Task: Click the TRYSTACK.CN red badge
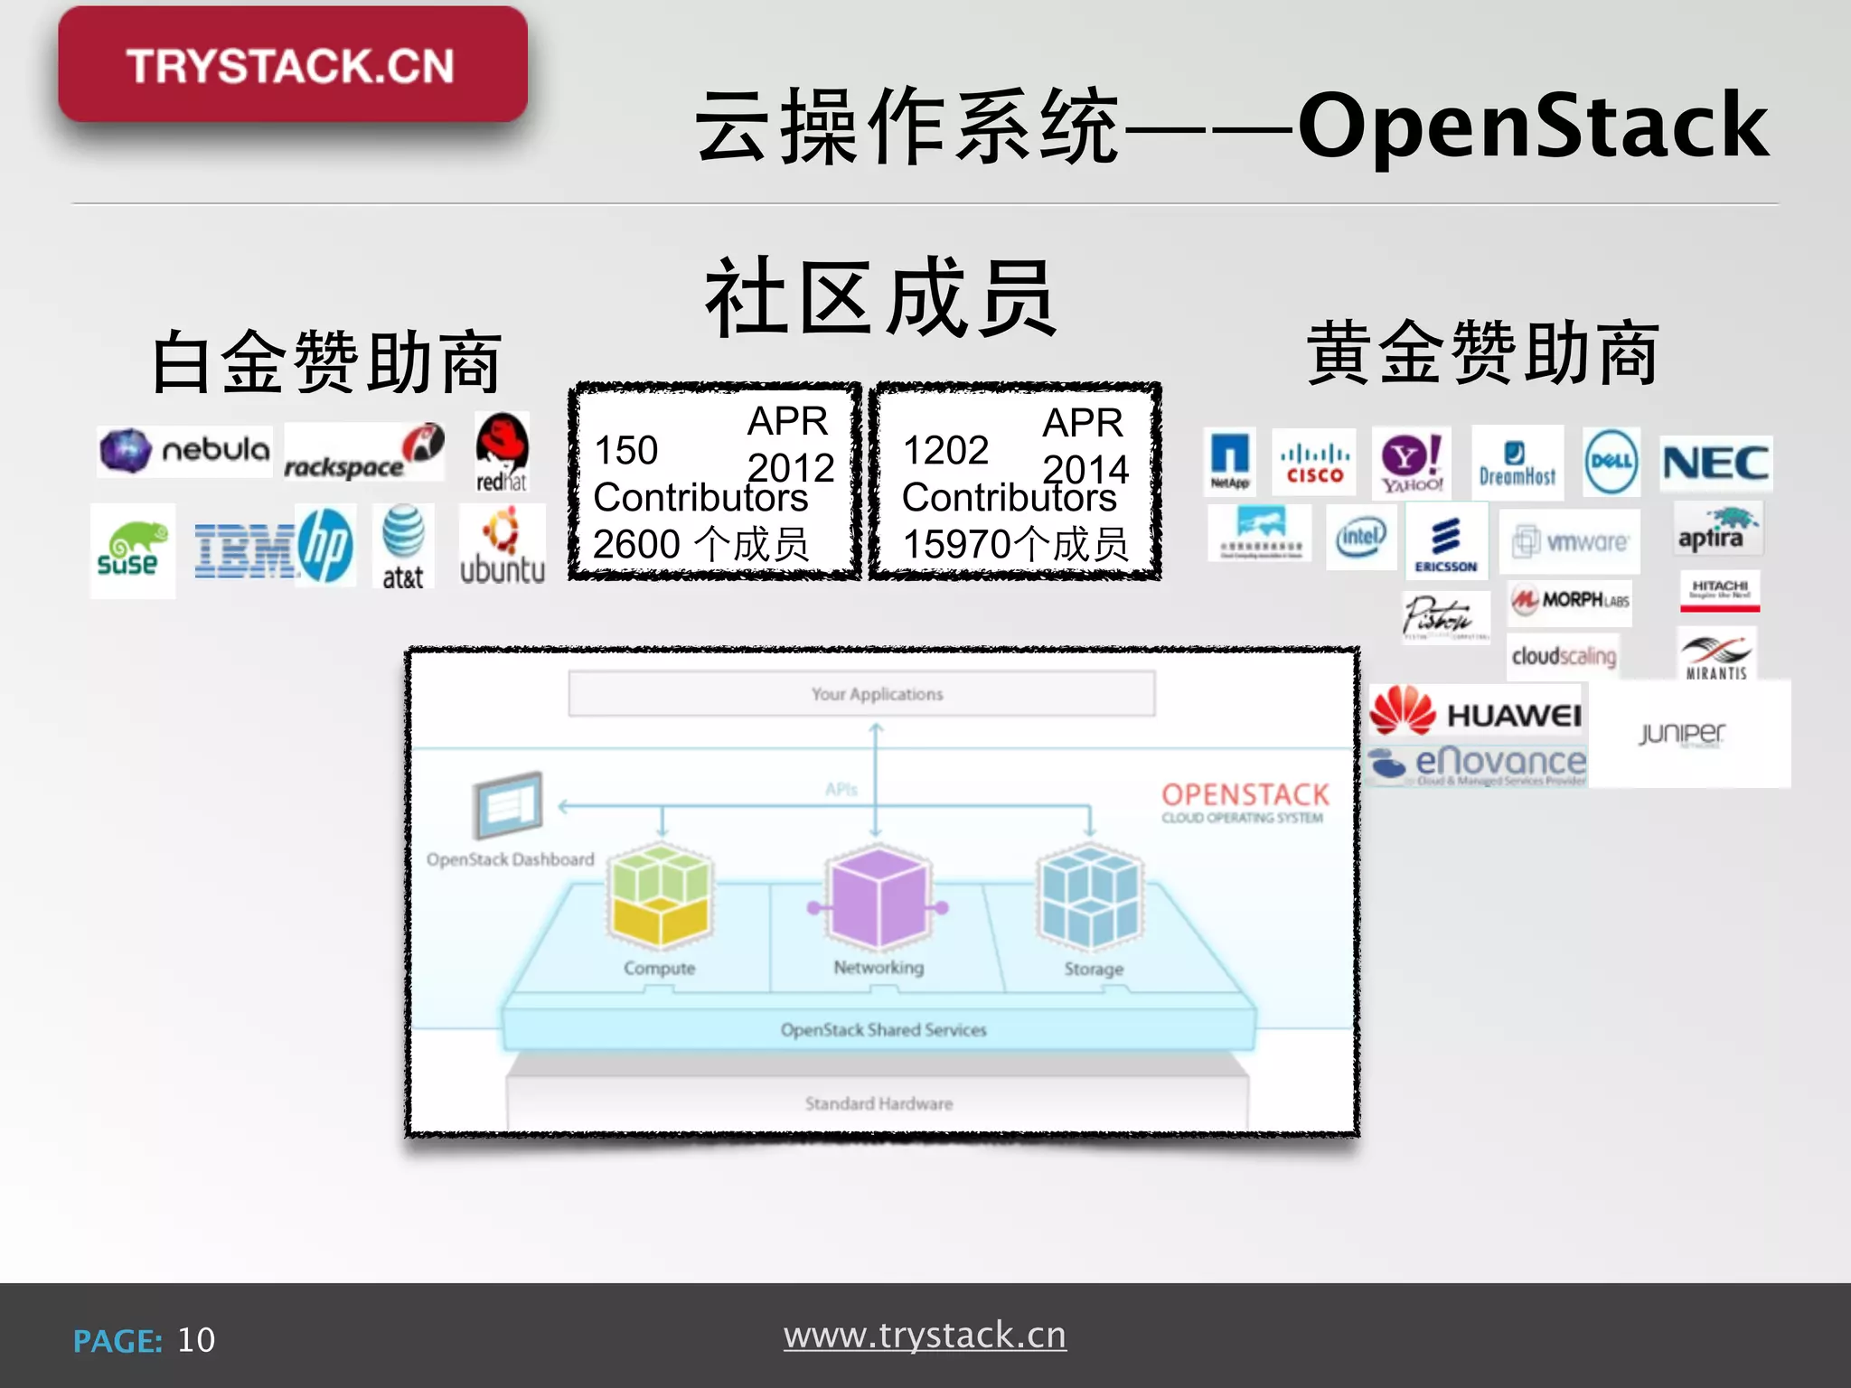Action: click(292, 65)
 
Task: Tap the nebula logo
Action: click(185, 450)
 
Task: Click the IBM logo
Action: click(244, 549)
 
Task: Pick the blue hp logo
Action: click(325, 546)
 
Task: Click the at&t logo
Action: click(403, 548)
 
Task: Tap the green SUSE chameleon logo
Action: click(132, 549)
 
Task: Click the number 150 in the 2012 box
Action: click(625, 450)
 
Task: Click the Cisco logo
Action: click(1314, 462)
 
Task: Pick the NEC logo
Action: click(1715, 464)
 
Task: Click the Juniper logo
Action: click(1683, 733)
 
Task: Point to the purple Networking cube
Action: click(878, 897)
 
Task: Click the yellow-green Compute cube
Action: click(660, 896)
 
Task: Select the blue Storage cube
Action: click(1090, 897)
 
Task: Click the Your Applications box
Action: click(861, 694)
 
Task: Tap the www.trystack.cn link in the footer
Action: click(925, 1336)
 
